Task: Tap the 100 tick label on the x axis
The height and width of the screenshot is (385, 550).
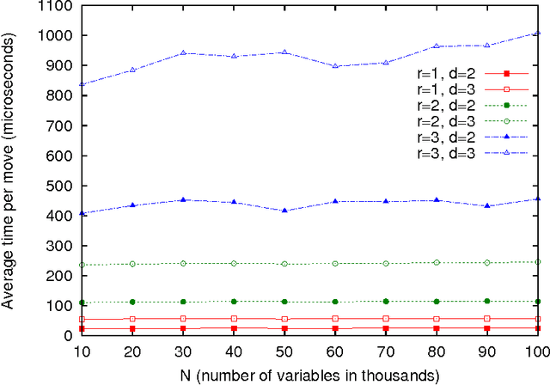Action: click(x=536, y=352)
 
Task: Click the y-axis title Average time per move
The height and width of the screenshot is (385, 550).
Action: click(x=10, y=172)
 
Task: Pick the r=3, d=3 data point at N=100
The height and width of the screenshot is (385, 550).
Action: click(x=537, y=34)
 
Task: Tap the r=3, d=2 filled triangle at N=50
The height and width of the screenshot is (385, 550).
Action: click(x=284, y=211)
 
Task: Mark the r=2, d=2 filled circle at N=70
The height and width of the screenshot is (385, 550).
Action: click(x=386, y=302)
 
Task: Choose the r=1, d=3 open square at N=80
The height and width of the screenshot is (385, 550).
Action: click(x=437, y=319)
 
